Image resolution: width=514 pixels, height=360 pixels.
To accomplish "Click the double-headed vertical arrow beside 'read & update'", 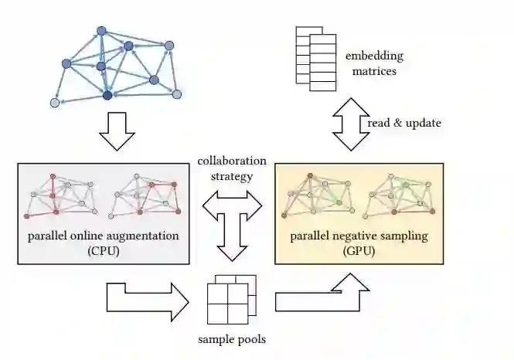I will (x=352, y=124).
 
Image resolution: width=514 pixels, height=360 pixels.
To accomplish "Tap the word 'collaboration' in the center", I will (x=232, y=161).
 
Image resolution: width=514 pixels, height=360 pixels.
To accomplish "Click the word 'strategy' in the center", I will (x=232, y=176).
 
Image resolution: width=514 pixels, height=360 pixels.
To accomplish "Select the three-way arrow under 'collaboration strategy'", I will (x=232, y=220).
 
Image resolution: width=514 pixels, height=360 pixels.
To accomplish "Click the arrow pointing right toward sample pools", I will (x=148, y=298).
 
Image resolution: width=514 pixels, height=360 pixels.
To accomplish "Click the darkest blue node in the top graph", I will (x=107, y=95).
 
